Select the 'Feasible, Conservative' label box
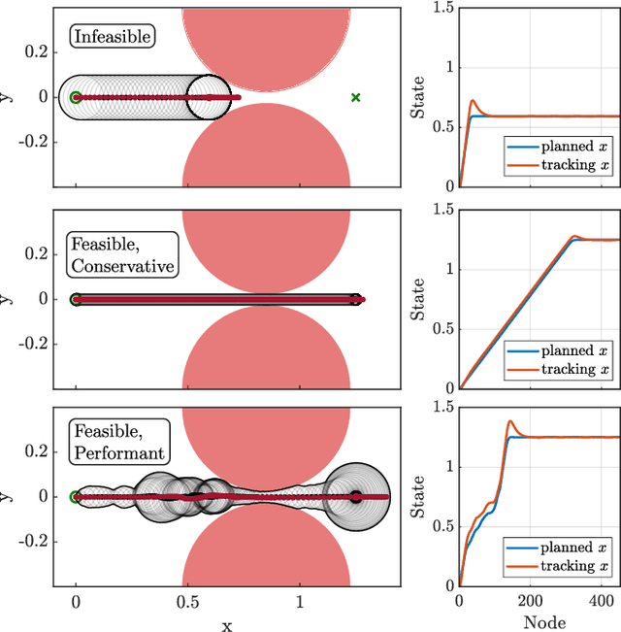click(121, 252)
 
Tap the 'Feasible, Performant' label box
click(117, 440)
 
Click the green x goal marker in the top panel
click(355, 97)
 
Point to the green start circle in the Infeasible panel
click(76, 97)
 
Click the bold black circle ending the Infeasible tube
click(209, 97)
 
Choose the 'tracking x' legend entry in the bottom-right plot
click(557, 565)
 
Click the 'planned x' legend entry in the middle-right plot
click(557, 350)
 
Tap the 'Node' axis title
click(539, 621)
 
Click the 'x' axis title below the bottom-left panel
click(226, 624)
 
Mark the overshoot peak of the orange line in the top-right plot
click(473, 100)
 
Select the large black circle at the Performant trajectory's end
click(356, 496)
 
